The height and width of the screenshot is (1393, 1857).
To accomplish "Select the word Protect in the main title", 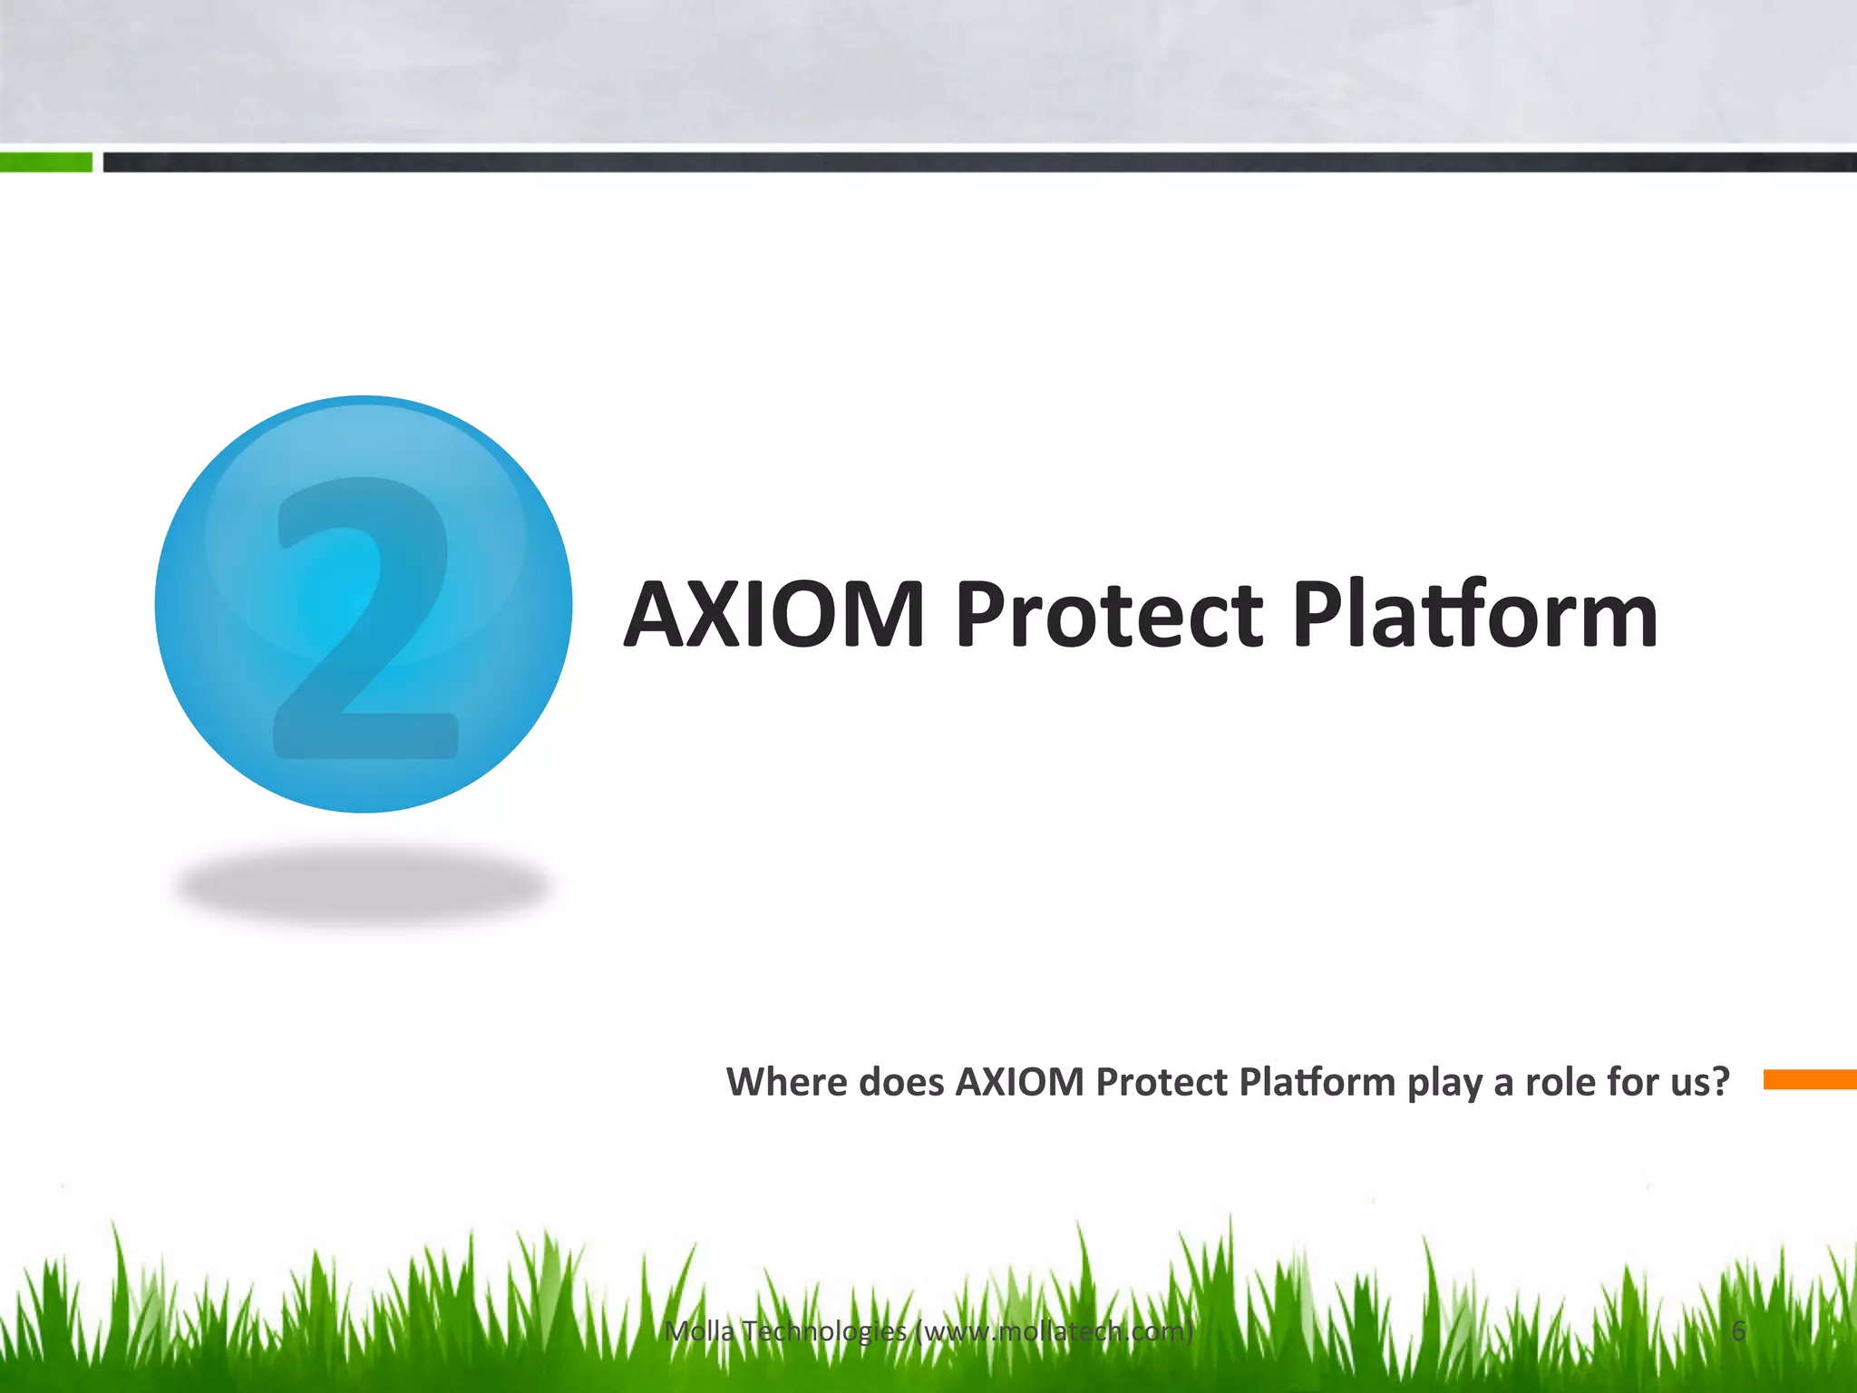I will click(1108, 617).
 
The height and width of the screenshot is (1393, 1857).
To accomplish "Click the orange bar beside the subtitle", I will click(1809, 1079).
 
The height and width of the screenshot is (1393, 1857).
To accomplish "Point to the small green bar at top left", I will click(45, 162).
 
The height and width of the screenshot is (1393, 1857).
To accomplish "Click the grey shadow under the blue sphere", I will click(363, 884).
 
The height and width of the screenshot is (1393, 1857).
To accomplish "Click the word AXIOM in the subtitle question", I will click(1020, 1082).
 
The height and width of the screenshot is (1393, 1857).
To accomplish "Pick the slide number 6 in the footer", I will click(1738, 1331).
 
